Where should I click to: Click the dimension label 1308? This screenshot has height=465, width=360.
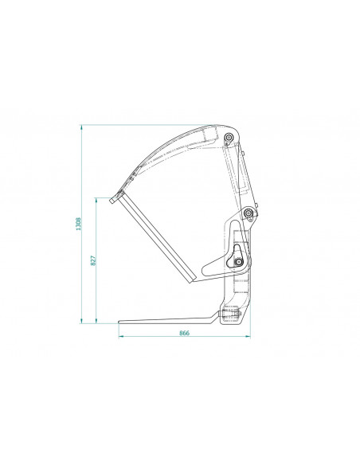78,224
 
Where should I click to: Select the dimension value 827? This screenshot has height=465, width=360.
93,260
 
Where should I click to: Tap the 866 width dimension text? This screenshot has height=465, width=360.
184,333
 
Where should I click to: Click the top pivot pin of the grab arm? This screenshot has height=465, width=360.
229,137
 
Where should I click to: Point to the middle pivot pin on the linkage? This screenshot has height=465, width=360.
248,213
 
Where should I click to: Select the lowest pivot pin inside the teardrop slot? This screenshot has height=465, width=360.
238,262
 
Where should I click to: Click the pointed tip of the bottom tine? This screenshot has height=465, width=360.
119,322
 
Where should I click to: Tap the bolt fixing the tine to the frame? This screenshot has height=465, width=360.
230,313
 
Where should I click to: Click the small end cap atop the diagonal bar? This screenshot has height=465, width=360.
112,201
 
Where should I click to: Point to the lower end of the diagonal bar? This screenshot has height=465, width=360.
193,279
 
